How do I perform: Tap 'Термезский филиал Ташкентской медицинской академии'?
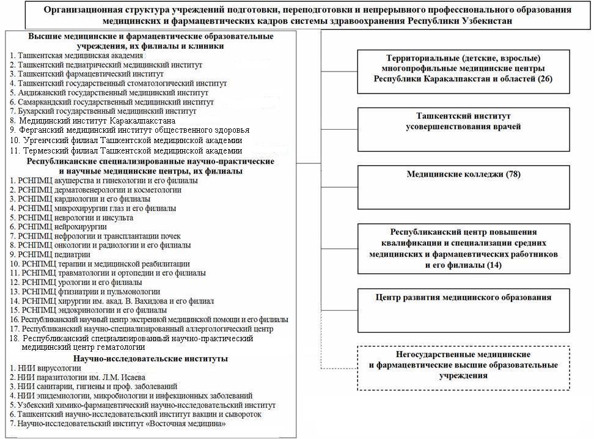[x=126, y=150]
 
